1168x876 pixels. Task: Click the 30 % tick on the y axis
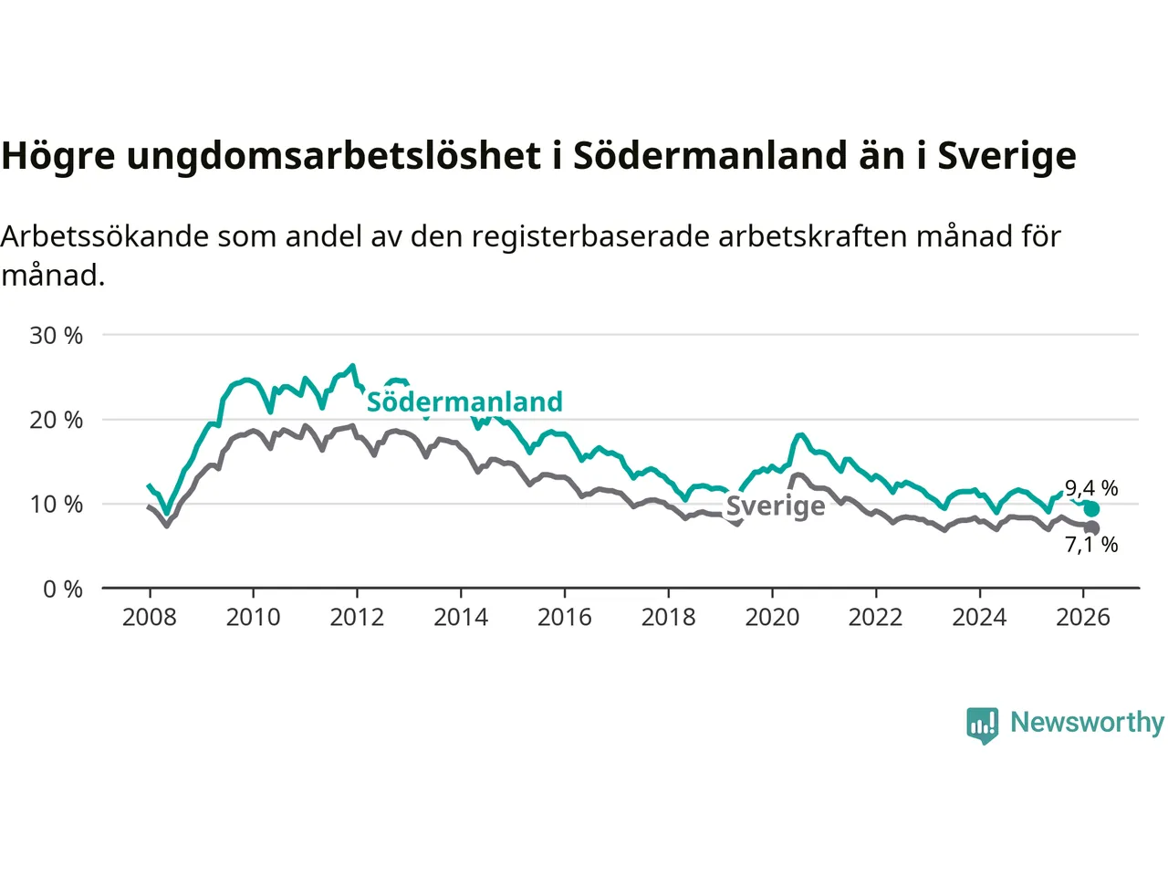[x=56, y=336]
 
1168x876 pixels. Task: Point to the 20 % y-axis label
[x=56, y=420]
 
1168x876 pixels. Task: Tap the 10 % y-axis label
[x=56, y=505]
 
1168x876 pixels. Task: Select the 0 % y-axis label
[x=63, y=589]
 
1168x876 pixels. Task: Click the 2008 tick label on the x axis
[x=150, y=618]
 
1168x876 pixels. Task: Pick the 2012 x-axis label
[x=357, y=618]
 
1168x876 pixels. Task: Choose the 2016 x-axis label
[x=564, y=618]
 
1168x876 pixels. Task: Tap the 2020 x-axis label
[x=772, y=618]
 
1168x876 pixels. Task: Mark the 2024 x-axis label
[x=979, y=618]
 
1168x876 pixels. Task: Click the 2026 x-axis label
[x=1083, y=618]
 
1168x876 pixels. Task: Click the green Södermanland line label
[x=464, y=402]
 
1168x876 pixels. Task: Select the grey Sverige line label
[x=776, y=506]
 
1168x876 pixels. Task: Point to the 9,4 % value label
[x=1091, y=489]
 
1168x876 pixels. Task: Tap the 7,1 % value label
[x=1091, y=546]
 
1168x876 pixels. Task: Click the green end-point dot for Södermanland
[x=1091, y=509]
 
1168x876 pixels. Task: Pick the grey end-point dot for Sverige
[x=1092, y=528]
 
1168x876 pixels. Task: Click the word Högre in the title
[x=58, y=156]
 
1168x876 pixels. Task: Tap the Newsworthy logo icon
[x=983, y=725]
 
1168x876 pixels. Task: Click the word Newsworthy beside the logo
[x=1087, y=723]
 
